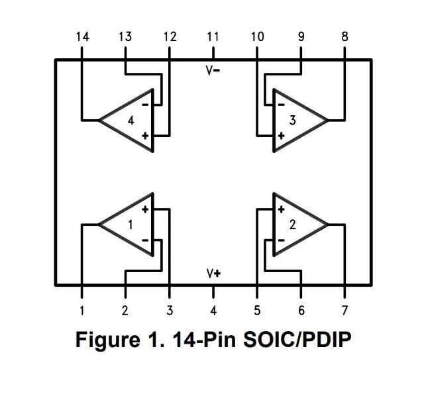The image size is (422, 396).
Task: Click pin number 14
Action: [81, 37]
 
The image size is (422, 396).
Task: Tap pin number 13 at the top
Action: [125, 37]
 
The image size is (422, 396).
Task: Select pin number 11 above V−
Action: [213, 37]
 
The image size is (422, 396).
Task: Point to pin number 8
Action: [344, 37]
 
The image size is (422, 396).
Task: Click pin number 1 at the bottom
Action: [81, 311]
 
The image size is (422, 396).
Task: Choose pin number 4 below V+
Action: [213, 311]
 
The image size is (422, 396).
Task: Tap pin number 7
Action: [344, 311]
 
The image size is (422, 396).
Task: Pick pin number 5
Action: [257, 311]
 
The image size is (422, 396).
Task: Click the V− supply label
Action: [213, 70]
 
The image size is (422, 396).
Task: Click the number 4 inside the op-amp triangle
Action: [131, 121]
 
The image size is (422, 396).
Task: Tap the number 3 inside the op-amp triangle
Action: [292, 121]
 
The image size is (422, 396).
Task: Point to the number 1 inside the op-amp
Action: [131, 224]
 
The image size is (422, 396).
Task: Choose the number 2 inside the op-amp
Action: [292, 224]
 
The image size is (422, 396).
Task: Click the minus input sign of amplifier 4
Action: [145, 104]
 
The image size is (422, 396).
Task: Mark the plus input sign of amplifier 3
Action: [281, 136]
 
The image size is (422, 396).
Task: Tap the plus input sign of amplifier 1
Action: [145, 209]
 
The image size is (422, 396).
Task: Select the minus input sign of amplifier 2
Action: [281, 240]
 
